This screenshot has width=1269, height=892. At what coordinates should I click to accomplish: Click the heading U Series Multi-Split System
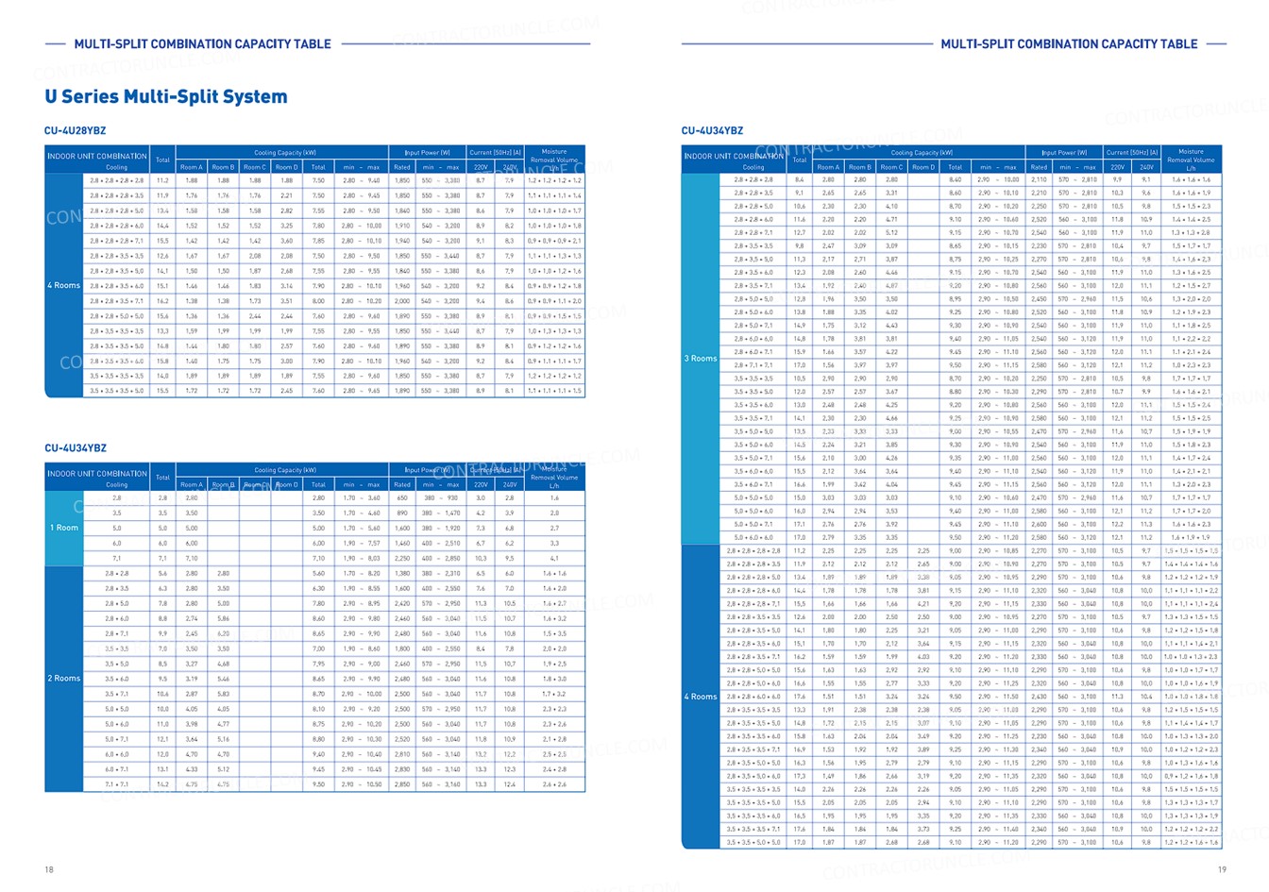point(166,96)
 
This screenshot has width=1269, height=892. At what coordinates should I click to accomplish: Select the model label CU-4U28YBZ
point(76,130)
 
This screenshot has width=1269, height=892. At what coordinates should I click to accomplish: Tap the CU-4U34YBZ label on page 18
point(76,448)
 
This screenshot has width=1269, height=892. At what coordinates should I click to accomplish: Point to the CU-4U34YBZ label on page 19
point(713,130)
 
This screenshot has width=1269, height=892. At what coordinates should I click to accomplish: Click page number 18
point(49,869)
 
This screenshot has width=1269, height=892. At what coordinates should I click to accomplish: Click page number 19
point(1222,869)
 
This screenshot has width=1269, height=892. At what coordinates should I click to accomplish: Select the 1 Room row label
point(64,528)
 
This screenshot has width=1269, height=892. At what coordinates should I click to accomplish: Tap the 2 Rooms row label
point(64,679)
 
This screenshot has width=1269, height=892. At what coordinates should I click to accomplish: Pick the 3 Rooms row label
point(701,359)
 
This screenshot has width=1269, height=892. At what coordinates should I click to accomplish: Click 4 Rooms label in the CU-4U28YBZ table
point(64,285)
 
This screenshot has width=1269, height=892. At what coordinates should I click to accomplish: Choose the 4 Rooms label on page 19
point(701,697)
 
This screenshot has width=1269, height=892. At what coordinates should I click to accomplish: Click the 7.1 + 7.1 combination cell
point(117,784)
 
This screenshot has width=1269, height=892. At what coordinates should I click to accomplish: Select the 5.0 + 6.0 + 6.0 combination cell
point(753,537)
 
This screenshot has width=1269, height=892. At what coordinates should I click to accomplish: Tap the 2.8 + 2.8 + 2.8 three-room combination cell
point(753,179)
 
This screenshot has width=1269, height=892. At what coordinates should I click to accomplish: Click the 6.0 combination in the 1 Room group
point(117,543)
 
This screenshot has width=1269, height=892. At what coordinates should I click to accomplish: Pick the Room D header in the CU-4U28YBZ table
point(287,167)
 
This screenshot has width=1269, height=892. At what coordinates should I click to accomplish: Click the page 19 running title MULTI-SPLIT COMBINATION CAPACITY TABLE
point(1069,43)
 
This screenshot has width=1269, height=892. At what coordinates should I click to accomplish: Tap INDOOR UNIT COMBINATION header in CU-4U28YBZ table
point(97,156)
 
